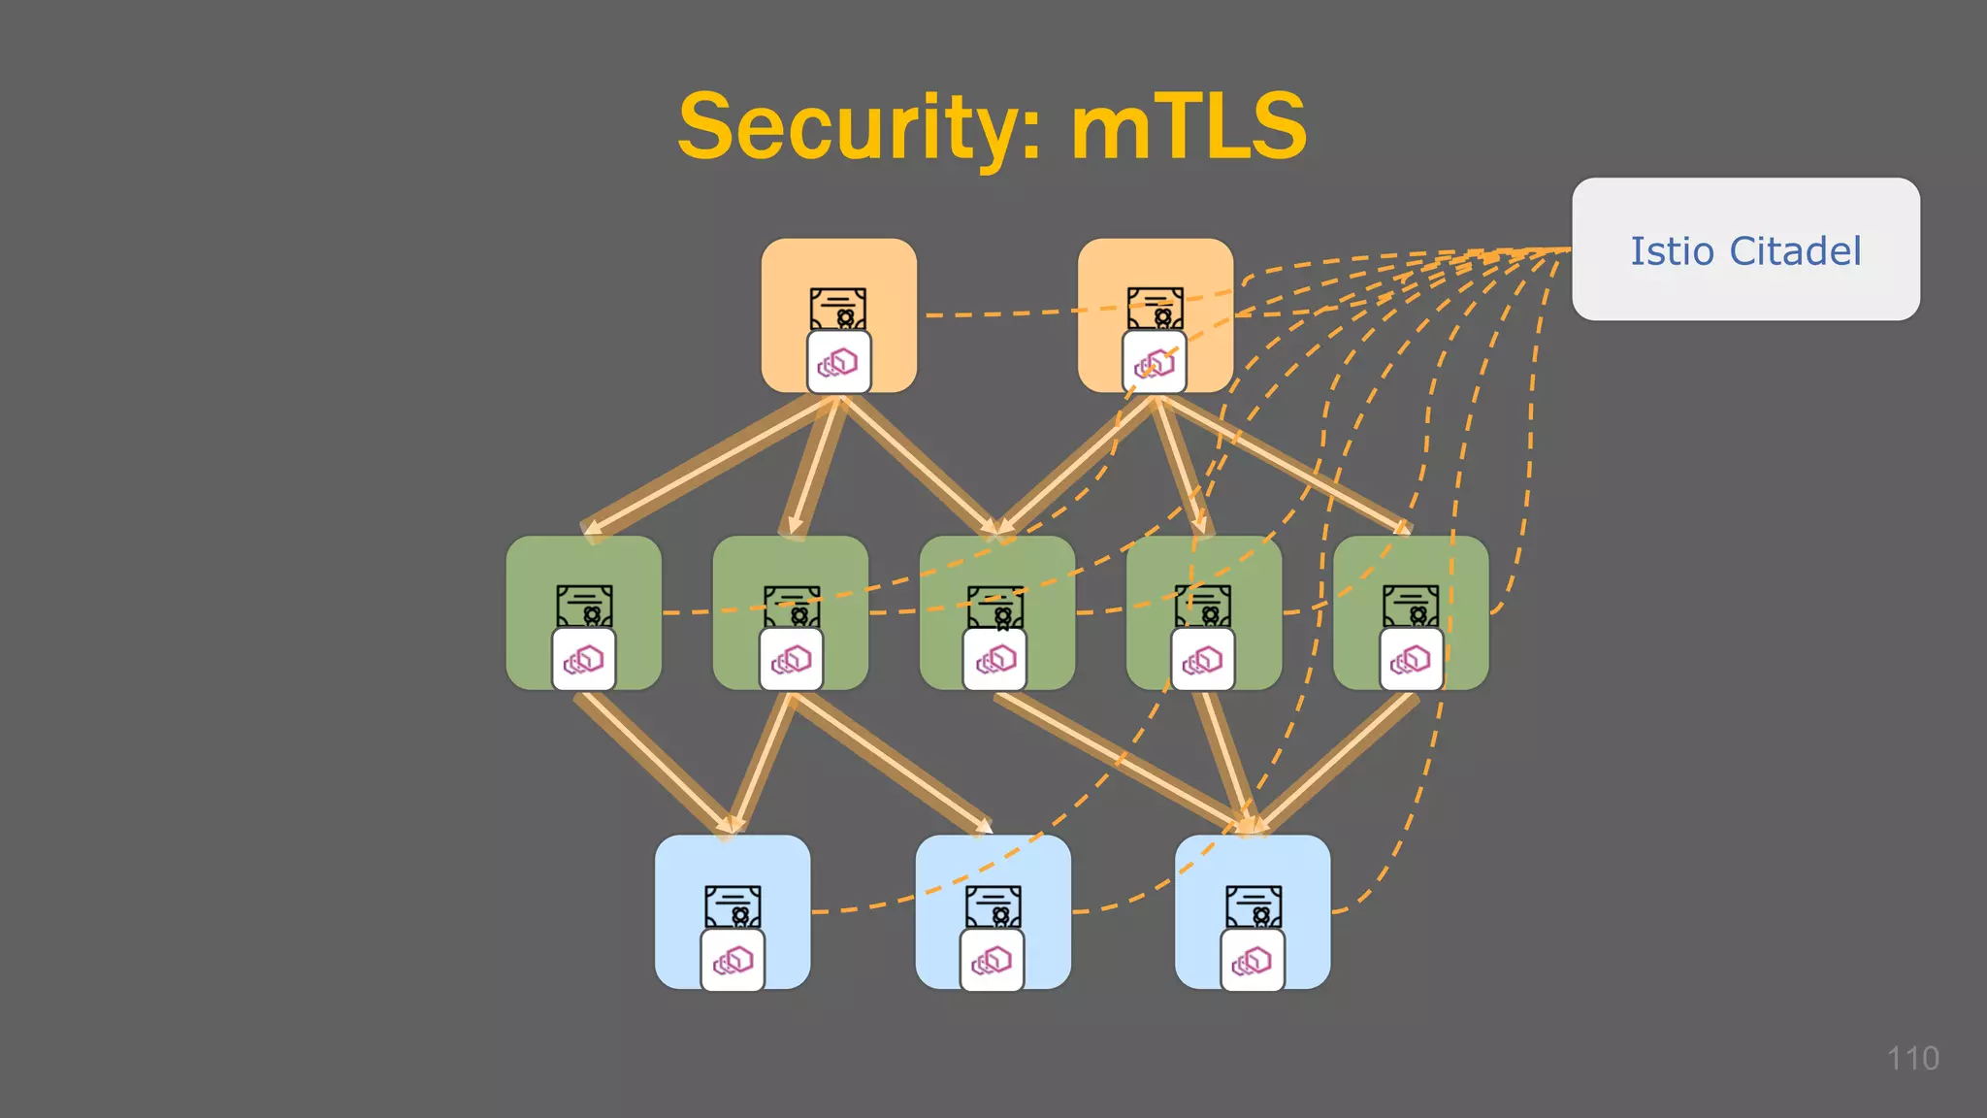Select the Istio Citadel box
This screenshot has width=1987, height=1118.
(x=1745, y=249)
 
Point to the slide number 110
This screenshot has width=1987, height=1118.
(x=1912, y=1058)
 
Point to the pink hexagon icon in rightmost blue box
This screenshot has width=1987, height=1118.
(x=1252, y=961)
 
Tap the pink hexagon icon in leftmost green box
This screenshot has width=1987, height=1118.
(x=583, y=660)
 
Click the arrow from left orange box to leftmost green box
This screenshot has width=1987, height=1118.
(x=708, y=465)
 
